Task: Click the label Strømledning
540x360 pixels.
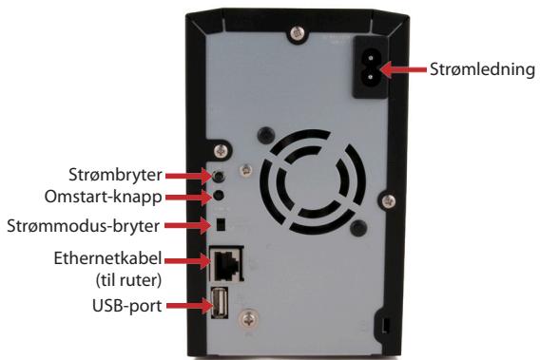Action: [485, 69]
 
